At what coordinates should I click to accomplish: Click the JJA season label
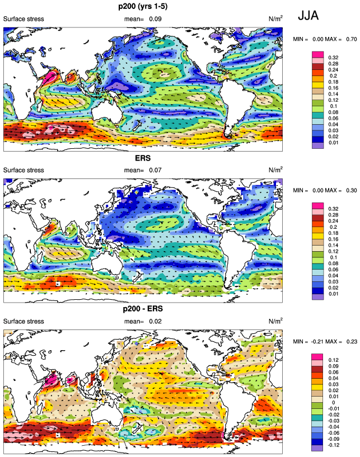[x=308, y=16]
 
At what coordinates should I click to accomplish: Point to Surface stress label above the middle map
[x=24, y=170]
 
